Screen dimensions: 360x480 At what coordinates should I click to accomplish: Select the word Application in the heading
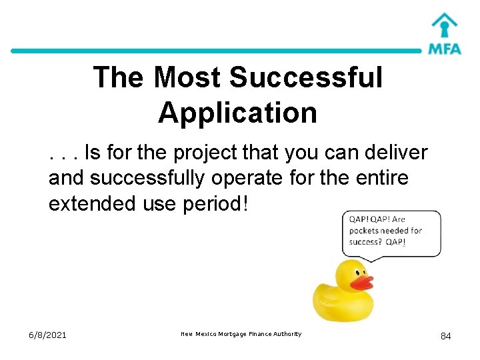click(237, 113)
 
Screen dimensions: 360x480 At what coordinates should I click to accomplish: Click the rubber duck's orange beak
click(361, 282)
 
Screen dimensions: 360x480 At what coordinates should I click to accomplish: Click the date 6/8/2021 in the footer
click(48, 335)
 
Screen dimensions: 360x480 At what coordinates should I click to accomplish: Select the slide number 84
click(445, 336)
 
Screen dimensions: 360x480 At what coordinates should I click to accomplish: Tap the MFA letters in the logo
click(445, 48)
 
